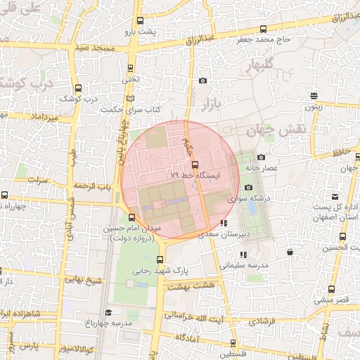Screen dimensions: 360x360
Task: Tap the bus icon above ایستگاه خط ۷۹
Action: tap(195, 164)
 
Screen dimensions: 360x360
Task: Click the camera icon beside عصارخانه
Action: tap(261, 157)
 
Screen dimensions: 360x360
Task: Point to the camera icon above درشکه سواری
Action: tap(248, 187)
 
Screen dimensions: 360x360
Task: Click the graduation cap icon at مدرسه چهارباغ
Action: tap(108, 312)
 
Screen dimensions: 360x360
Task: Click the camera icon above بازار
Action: tap(203, 81)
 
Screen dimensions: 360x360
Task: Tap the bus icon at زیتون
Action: tap(314, 96)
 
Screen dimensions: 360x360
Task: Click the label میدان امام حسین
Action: tap(139, 229)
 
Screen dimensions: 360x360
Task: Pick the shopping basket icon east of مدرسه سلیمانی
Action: tap(290, 252)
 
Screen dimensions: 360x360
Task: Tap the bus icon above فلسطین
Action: tap(233, 344)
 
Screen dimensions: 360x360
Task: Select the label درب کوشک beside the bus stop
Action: tap(78, 99)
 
